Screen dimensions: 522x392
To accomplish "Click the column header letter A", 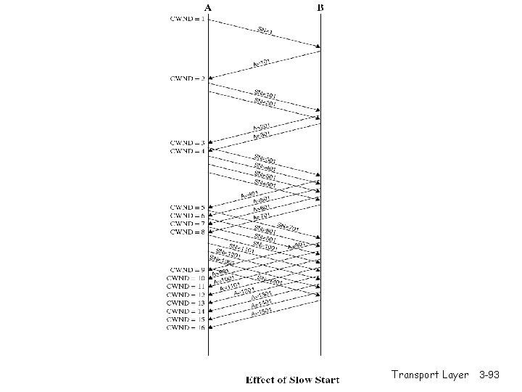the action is coord(208,8).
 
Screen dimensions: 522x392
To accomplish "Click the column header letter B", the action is coord(321,8).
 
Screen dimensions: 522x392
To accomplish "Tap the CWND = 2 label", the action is coord(187,78).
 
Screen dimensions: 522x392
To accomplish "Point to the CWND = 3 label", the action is coord(187,142).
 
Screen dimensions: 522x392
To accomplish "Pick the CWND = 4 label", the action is coord(187,151).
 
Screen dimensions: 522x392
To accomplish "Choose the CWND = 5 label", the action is coord(187,207).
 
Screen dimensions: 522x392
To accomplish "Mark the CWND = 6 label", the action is coord(187,216).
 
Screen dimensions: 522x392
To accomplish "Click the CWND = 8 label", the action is coord(187,232).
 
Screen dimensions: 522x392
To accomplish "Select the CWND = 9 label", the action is coord(187,270).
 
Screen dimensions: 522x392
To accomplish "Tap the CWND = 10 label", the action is coord(186,278).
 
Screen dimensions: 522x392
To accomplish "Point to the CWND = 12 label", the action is coord(186,295).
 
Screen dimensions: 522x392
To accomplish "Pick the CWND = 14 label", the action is coord(186,311).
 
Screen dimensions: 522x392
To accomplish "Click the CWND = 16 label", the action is coord(186,327).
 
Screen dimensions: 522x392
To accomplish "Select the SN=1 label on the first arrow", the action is coord(265,31).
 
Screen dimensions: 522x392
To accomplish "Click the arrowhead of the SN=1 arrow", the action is coord(318,46).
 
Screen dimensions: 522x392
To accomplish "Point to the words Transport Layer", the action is coord(430,375).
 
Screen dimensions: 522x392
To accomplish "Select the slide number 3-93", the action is coord(489,375).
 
